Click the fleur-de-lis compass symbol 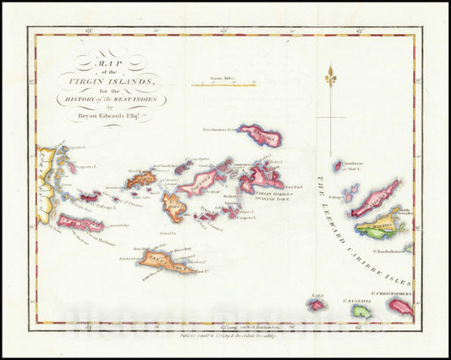point(330,79)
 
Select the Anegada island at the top point(260,135)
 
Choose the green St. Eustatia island point(360,310)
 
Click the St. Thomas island point(140,180)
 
